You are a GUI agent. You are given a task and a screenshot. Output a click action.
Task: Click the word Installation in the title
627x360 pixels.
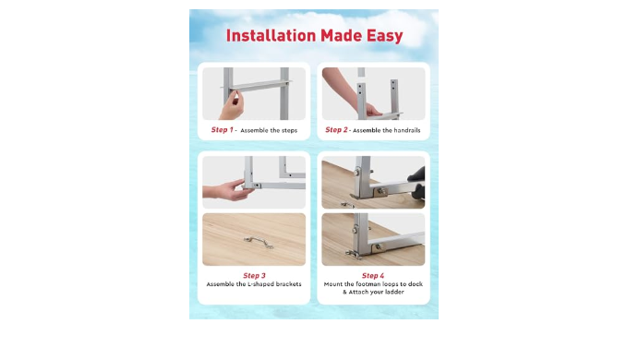pyautogui.click(x=271, y=36)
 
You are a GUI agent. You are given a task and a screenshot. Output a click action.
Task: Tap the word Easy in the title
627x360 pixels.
pyautogui.click(x=385, y=36)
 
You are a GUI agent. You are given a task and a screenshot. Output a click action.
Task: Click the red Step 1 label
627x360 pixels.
pyautogui.click(x=222, y=130)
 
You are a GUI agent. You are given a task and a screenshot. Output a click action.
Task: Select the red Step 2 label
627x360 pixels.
pyautogui.click(x=336, y=130)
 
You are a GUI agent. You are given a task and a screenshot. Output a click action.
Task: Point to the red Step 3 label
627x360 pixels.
pyautogui.click(x=254, y=276)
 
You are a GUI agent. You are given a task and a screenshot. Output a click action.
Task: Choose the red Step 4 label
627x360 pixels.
pyautogui.click(x=373, y=276)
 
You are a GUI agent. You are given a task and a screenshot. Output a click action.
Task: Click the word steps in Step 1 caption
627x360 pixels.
pyautogui.click(x=289, y=131)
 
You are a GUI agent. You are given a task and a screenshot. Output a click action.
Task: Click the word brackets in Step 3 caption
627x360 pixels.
pyautogui.click(x=288, y=284)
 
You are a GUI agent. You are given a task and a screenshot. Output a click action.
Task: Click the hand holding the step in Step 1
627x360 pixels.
pyautogui.click(x=231, y=105)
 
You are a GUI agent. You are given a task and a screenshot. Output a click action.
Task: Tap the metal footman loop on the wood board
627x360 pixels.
pyautogui.click(x=259, y=242)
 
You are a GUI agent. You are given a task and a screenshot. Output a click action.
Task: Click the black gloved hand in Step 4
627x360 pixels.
pyautogui.click(x=416, y=183)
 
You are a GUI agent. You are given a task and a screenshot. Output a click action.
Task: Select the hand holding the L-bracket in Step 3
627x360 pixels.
pyautogui.click(x=228, y=190)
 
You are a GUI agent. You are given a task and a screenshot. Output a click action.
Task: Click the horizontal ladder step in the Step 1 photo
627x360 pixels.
pyautogui.click(x=256, y=85)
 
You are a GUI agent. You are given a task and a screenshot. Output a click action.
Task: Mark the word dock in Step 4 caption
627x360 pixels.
pyautogui.click(x=416, y=284)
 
